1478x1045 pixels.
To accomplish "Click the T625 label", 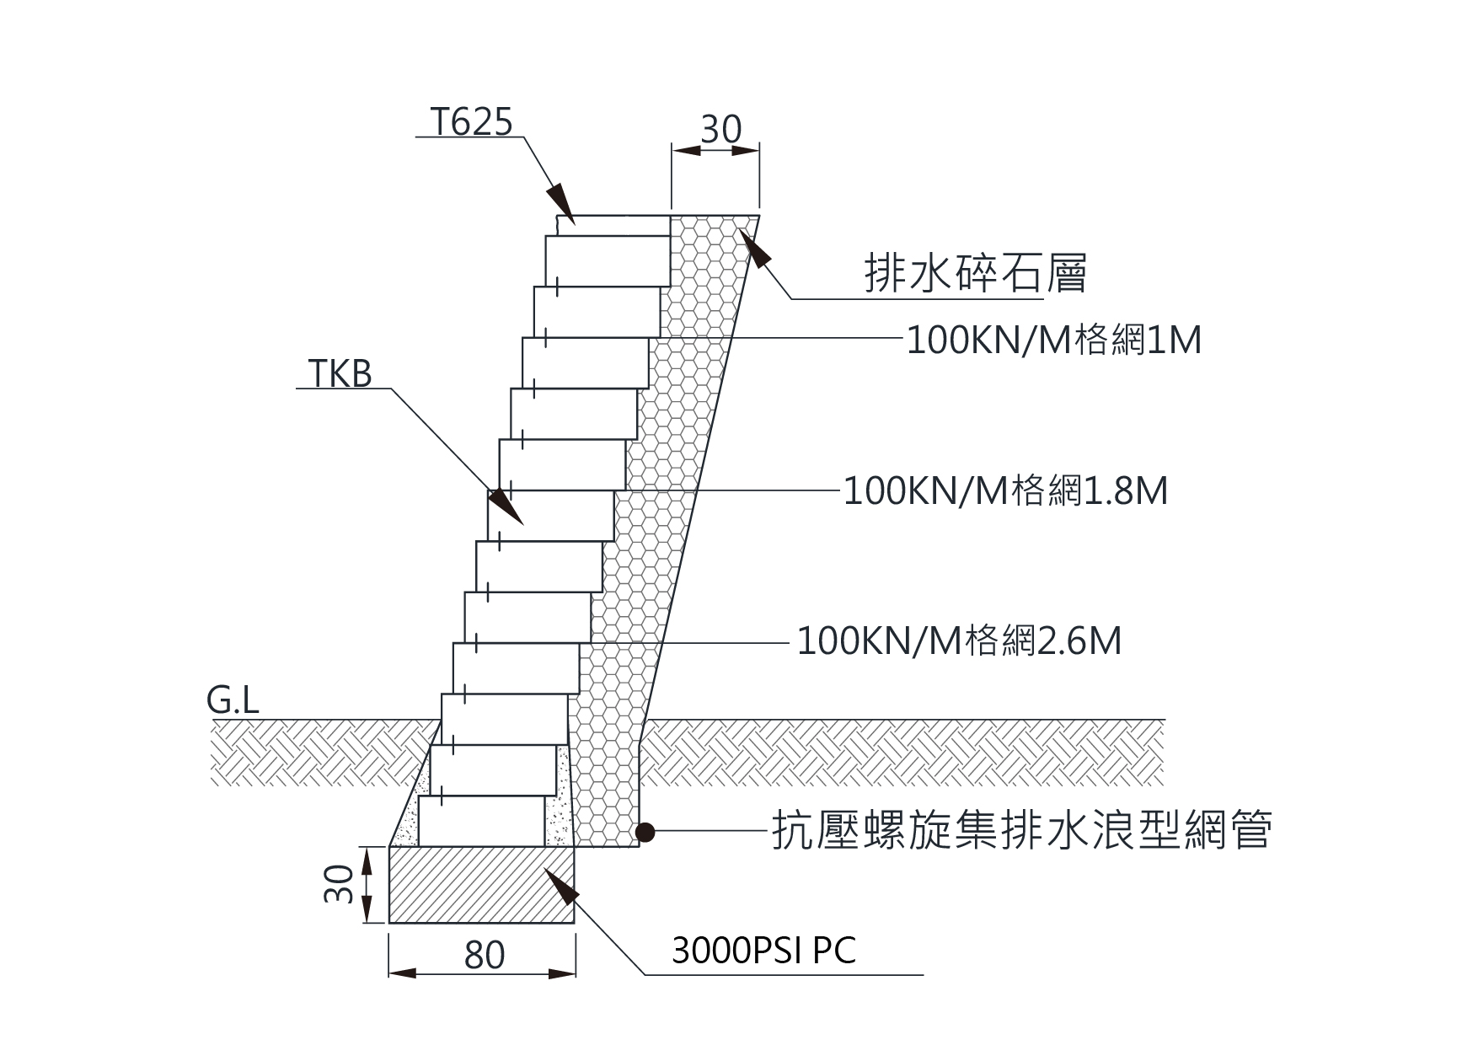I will click(x=471, y=123).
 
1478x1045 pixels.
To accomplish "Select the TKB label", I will click(x=340, y=374).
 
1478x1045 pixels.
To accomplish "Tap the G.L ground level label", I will click(x=233, y=701).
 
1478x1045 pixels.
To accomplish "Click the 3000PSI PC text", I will click(x=763, y=951).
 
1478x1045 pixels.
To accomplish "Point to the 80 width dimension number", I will click(x=484, y=956).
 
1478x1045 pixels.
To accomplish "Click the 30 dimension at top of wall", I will click(x=720, y=130).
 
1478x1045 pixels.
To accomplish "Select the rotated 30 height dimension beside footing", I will click(x=339, y=884).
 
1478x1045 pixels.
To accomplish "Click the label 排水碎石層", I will click(x=975, y=273).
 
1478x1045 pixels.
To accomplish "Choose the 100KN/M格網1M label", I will click(x=1053, y=340).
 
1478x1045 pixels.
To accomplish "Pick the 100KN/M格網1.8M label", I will click(x=1005, y=490).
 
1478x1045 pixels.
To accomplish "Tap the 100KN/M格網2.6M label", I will click(x=959, y=641).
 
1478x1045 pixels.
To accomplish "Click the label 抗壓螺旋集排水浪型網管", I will click(x=1021, y=831).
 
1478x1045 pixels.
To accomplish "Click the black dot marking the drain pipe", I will click(x=645, y=833).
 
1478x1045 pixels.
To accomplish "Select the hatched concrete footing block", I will click(x=481, y=885).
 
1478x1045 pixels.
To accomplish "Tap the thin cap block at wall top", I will click(x=613, y=225).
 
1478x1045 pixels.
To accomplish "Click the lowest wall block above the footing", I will click(x=481, y=821).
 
